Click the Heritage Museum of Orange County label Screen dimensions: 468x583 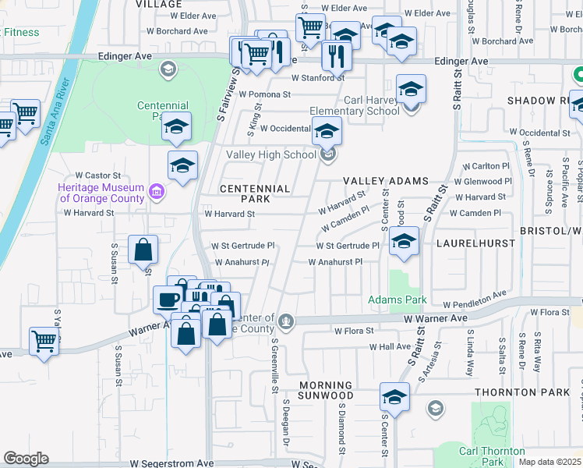click(101, 193)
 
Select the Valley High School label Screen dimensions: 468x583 click(271, 154)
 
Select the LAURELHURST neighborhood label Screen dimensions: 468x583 click(475, 243)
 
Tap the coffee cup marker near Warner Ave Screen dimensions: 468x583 click(168, 299)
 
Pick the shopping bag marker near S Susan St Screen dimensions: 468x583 click(143, 250)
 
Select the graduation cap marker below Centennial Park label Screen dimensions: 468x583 click(177, 126)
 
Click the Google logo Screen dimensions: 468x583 click(26, 459)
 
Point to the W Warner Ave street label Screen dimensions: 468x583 click(435, 318)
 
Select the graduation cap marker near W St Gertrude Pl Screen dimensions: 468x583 click(404, 243)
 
